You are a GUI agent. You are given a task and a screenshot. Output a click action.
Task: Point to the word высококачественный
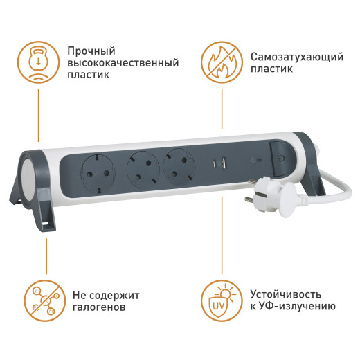pos(123,63)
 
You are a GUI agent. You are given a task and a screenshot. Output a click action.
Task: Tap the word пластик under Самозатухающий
pos(269,69)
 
